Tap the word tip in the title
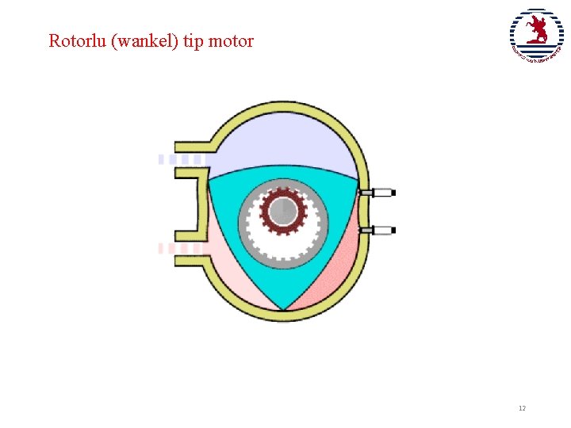193,41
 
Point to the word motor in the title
231,40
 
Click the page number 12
522,408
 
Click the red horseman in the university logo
538,32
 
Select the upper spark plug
378,193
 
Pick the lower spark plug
378,231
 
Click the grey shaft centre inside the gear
282,212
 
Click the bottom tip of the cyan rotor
283,309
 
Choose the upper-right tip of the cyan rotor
358,179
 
